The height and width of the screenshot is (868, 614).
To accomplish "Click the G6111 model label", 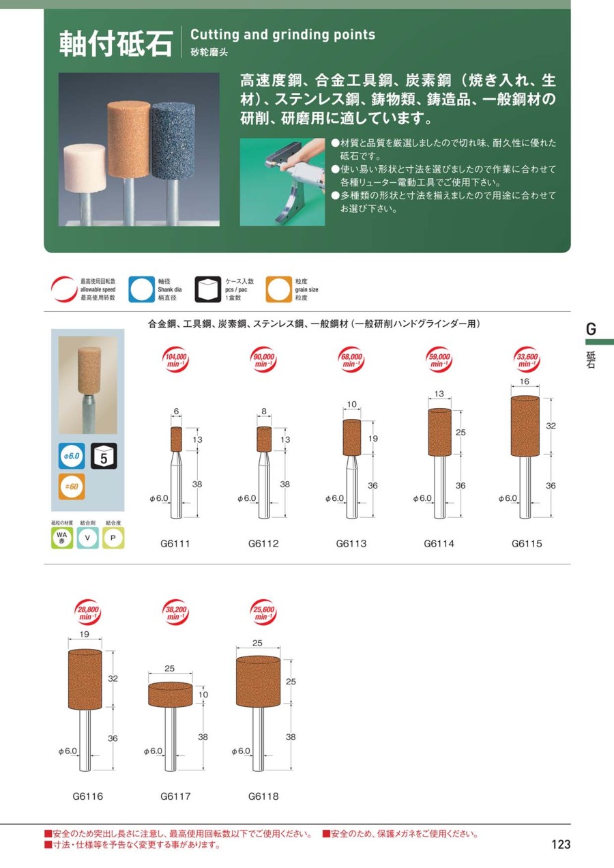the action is tap(175, 543).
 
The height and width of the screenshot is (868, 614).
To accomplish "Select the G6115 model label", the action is tap(527, 543).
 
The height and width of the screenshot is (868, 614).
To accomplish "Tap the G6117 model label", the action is tap(175, 796).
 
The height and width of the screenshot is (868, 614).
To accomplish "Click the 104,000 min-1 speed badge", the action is tap(176, 360).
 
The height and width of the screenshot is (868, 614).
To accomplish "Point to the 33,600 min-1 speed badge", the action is tap(527, 360).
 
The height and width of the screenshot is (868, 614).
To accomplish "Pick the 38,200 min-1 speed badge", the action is tap(176, 613).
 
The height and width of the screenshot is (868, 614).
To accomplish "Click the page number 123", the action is tap(561, 844).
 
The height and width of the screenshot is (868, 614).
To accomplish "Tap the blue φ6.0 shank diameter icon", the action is tap(72, 456).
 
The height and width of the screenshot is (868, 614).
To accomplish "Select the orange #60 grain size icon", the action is tap(72, 487).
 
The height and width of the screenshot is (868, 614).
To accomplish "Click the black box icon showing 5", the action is tap(104, 456).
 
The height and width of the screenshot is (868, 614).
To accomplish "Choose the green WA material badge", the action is tap(62, 538).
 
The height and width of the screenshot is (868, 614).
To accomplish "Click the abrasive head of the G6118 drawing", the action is tap(258, 681).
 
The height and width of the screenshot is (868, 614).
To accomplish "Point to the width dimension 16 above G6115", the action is tap(525, 381).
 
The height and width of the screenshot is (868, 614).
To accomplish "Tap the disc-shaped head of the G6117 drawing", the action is tap(171, 694).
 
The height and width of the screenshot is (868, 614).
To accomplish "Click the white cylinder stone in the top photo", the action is tap(85, 168).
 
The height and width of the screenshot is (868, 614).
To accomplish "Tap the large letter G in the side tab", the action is tap(591, 329).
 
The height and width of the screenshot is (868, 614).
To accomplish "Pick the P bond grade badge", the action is tap(113, 538).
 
